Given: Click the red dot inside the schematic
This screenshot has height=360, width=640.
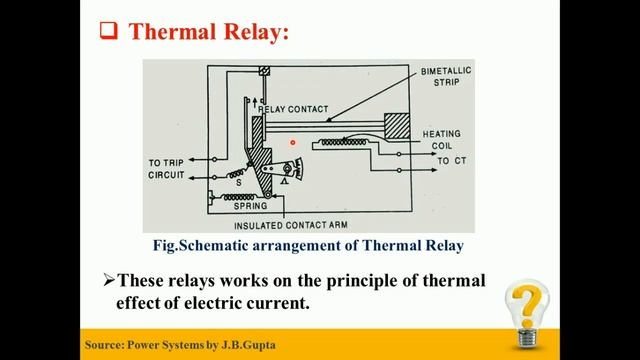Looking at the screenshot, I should (x=293, y=142).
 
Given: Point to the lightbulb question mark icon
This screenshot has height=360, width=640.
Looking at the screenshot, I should (x=527, y=313).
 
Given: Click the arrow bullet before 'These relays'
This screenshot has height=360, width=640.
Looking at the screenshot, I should (x=110, y=282).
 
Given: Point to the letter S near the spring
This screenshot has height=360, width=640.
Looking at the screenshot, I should (x=238, y=183).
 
